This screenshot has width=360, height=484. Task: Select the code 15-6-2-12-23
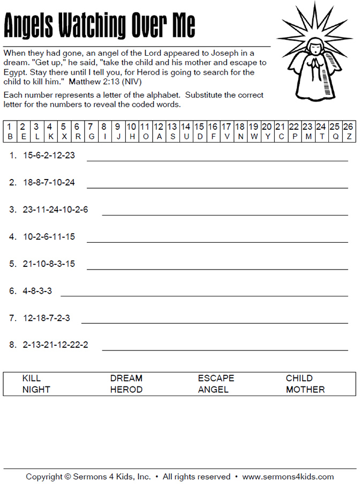49,156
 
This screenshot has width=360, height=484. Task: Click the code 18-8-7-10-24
49,183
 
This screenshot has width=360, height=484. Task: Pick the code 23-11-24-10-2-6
55,210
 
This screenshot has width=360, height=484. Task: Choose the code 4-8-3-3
37,291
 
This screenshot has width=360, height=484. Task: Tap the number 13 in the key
171,127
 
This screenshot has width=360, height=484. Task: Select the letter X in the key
63,137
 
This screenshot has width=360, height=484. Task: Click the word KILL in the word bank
32,378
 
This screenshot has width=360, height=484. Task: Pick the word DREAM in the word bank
126,378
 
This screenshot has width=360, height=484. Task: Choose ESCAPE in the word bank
216,378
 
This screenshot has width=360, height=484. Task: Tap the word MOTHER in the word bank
305,390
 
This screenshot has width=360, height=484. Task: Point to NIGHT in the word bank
36,390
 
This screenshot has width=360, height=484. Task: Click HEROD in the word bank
126,390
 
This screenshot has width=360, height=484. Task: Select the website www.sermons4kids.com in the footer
288,476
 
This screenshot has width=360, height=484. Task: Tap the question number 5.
13,264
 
